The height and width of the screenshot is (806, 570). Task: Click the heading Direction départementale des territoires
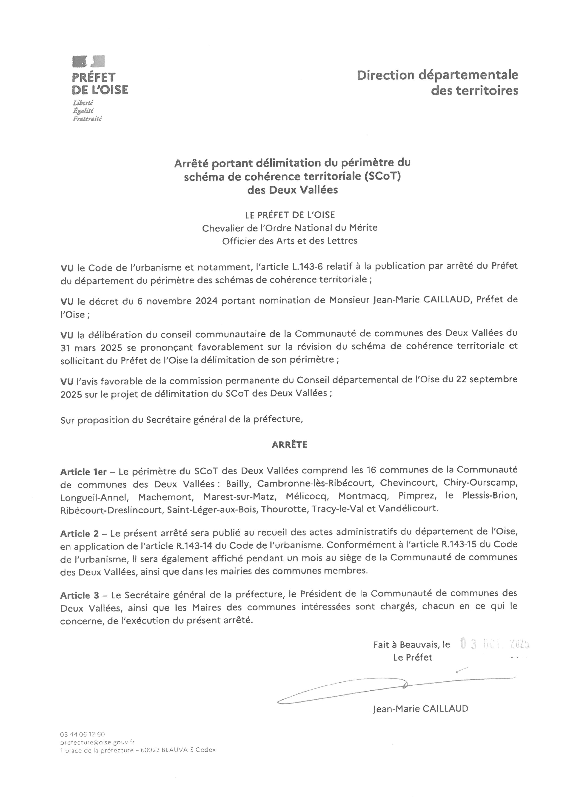(x=437, y=83)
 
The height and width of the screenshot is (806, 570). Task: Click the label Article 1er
(x=83, y=472)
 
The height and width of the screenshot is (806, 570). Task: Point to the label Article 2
(x=80, y=534)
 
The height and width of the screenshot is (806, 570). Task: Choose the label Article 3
(x=80, y=596)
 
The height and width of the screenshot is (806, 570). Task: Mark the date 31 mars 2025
(x=91, y=347)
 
